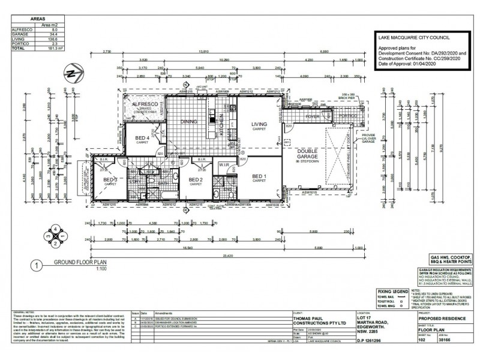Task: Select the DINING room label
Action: (x=189, y=121)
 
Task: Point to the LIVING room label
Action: (x=259, y=124)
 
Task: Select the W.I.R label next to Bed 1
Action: (x=225, y=164)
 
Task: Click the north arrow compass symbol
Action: (x=73, y=75)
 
